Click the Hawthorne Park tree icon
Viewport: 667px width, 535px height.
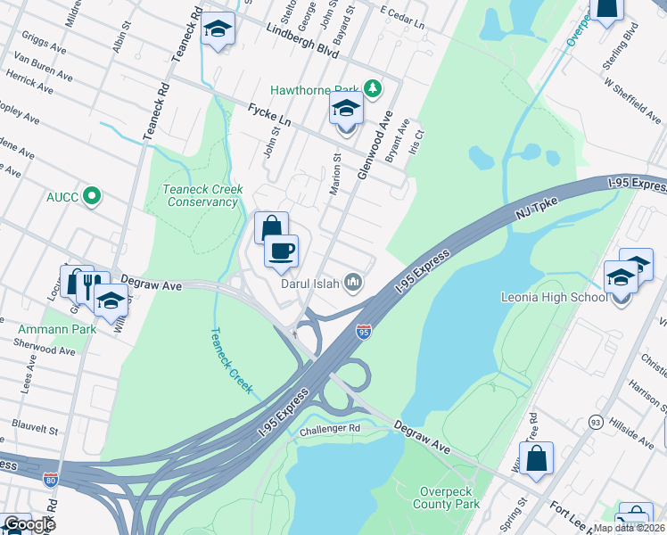point(373,89)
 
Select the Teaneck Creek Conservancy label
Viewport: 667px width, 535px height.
point(201,195)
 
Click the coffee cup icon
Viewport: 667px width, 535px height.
point(282,251)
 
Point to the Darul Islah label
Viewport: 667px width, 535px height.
point(310,284)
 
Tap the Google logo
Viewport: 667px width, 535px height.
point(28,524)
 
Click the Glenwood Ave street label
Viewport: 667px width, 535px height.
point(375,145)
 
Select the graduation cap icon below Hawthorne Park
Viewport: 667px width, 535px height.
point(346,111)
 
